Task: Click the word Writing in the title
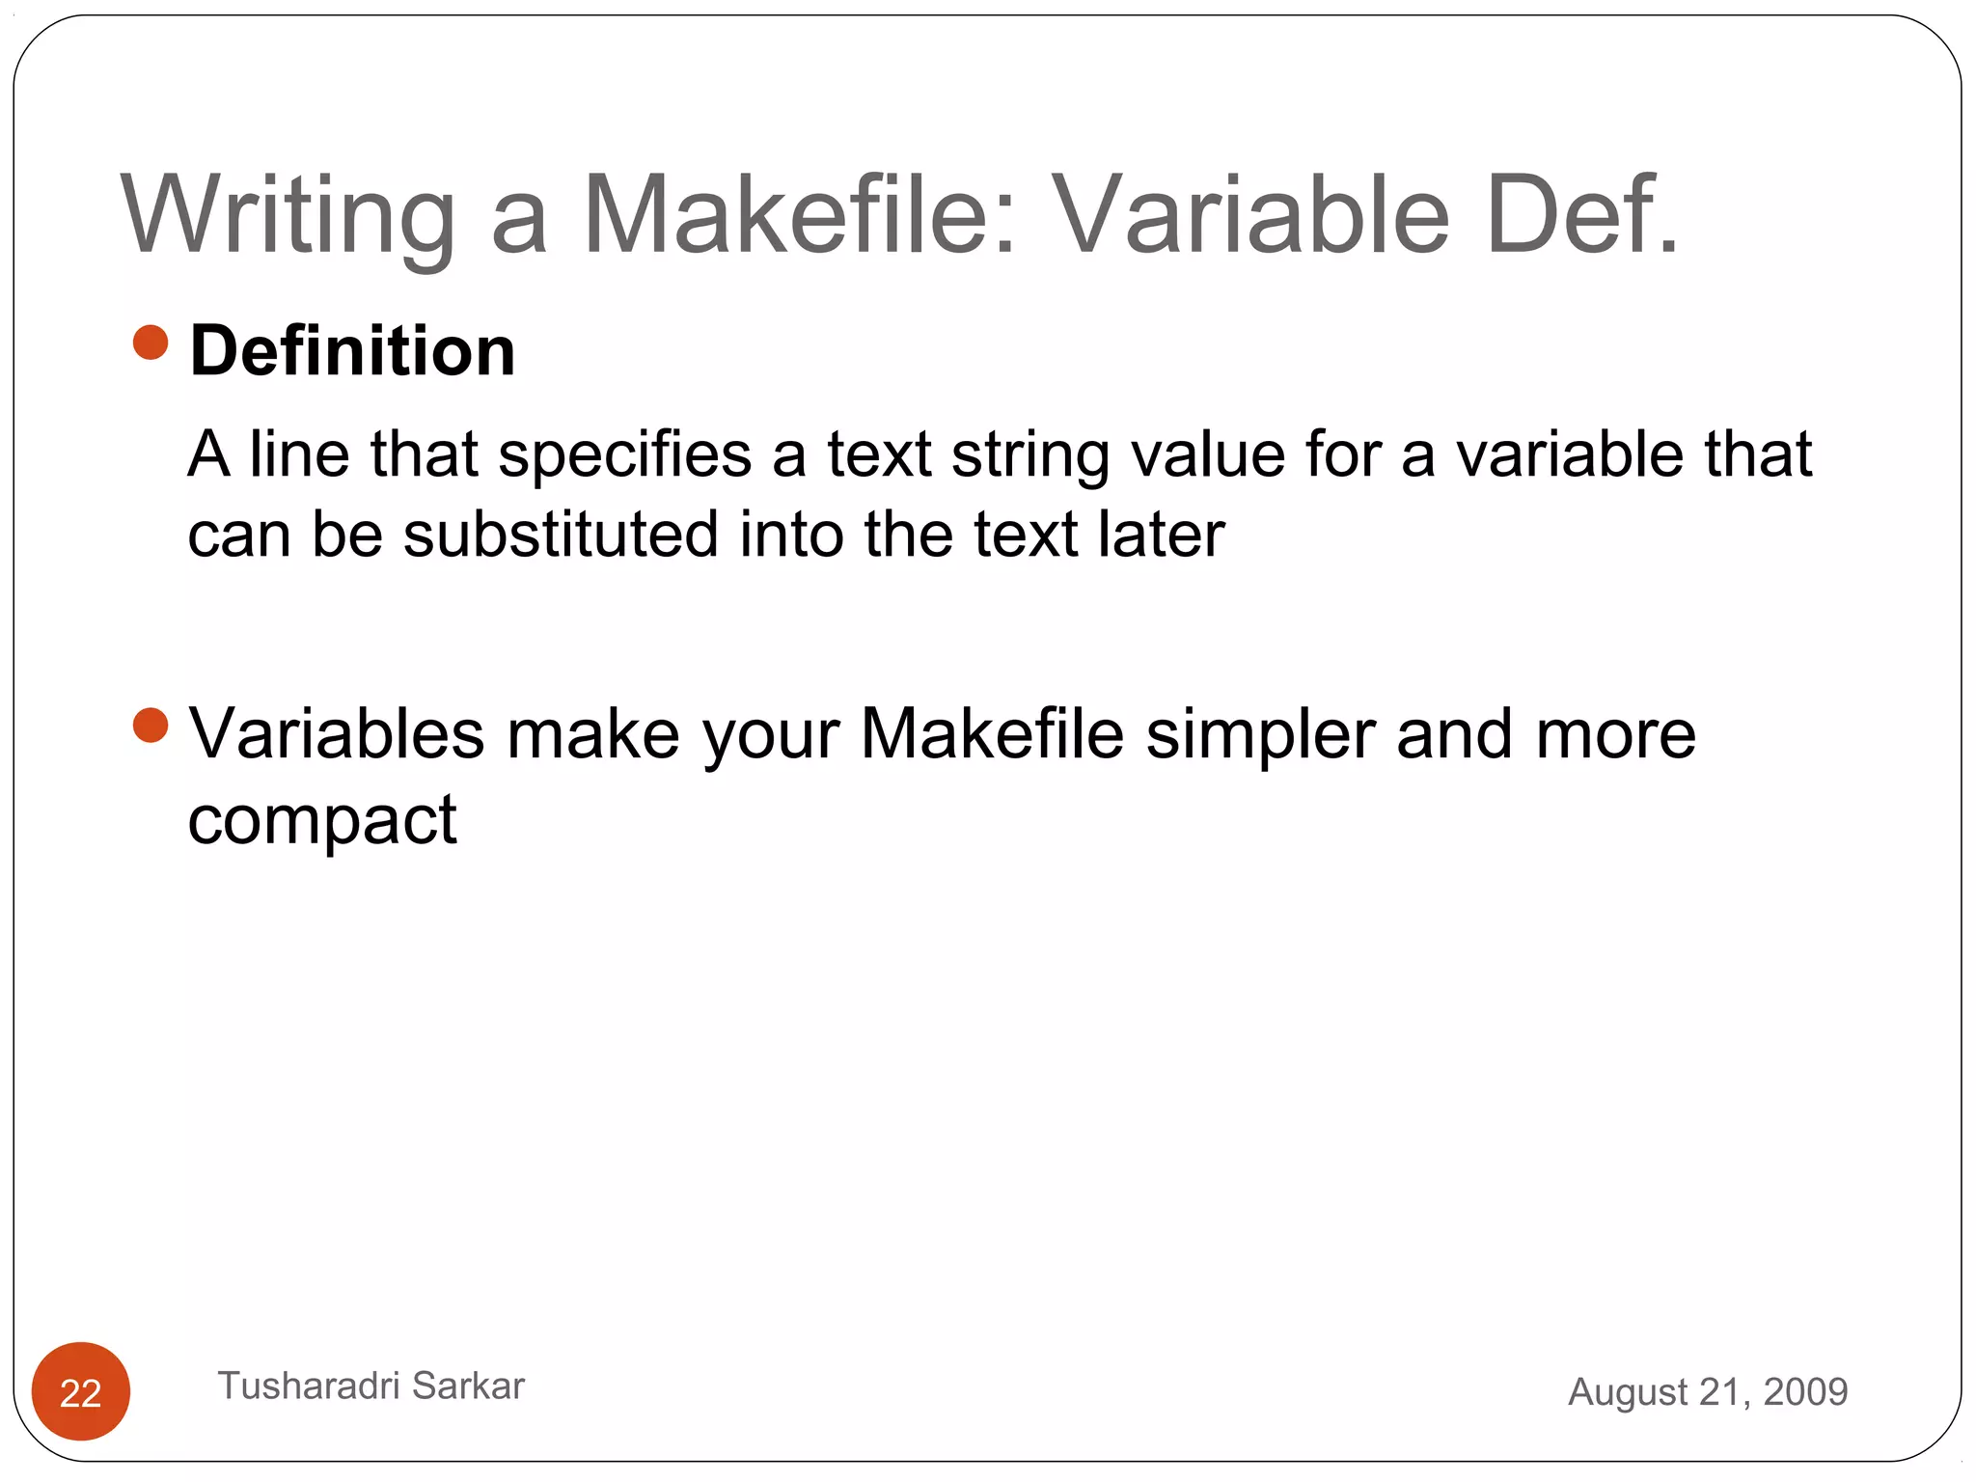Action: pos(288,216)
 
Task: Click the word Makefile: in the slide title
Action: pos(799,216)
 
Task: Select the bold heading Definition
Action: pos(352,351)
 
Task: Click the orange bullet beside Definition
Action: pos(151,342)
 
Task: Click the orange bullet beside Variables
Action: pos(151,726)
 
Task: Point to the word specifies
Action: pos(624,454)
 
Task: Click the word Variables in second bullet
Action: pos(336,734)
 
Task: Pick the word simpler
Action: pos(1260,734)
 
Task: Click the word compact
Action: pos(321,821)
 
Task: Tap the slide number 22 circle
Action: pos(81,1391)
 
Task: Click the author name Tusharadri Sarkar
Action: pos(371,1386)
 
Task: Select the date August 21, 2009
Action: pos(1707,1391)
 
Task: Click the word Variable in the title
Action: pos(1250,216)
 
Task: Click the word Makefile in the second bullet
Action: pos(992,734)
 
